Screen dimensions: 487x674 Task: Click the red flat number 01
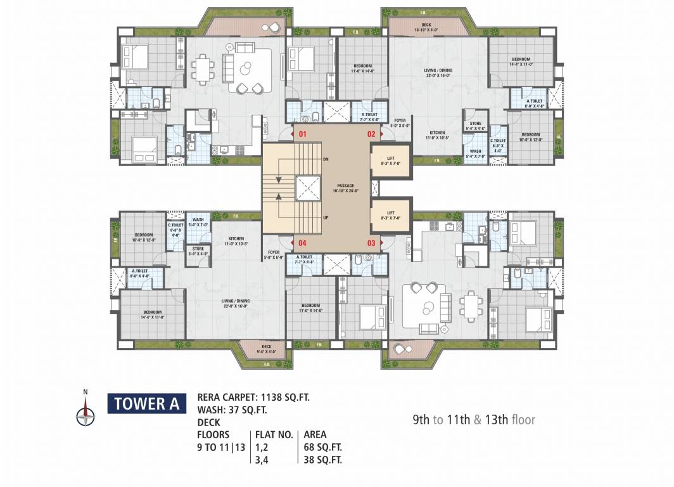[303, 134]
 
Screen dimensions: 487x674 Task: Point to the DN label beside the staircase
[326, 159]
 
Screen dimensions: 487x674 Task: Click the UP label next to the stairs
[326, 218]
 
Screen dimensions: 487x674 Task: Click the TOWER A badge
[146, 403]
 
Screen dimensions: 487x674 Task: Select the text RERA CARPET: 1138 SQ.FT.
[253, 398]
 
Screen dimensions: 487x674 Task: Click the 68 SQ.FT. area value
[323, 448]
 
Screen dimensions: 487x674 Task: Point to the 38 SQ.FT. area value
[323, 460]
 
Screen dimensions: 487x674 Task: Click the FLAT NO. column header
[274, 435]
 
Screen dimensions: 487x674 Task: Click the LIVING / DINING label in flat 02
[437, 73]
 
